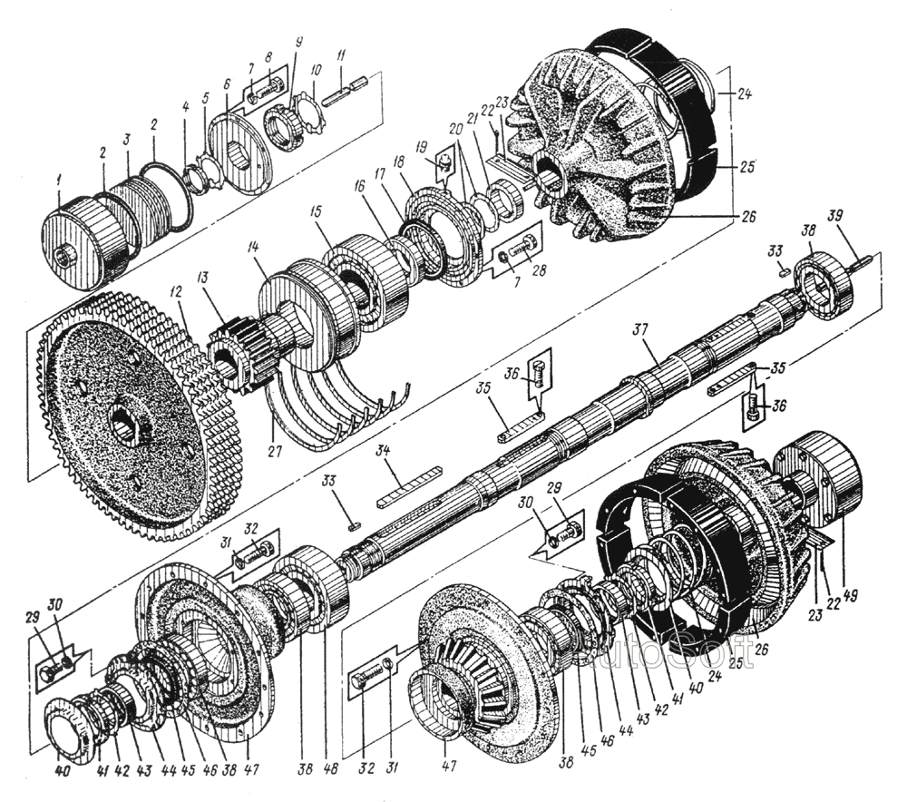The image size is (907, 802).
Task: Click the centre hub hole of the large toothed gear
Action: click(124, 422)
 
